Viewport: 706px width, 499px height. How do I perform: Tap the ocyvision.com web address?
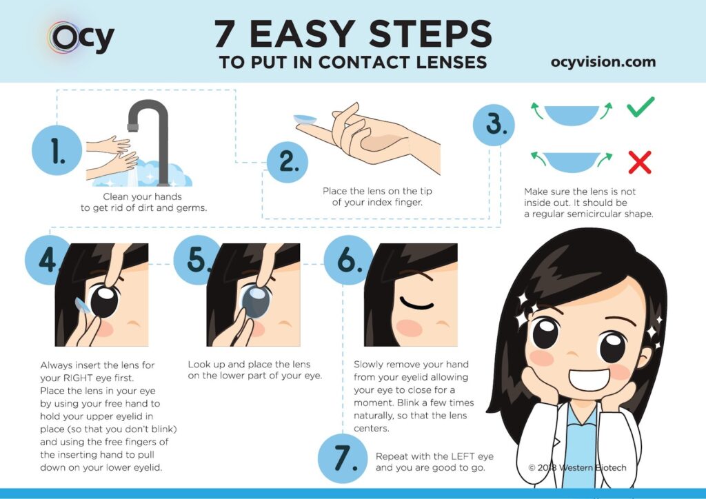pos(603,61)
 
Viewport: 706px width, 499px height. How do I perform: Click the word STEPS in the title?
pos(430,34)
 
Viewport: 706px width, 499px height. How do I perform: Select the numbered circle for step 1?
pos(57,150)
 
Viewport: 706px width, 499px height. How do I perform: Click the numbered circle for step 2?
pos(288,161)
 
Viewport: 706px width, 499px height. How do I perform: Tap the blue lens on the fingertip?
pos(305,120)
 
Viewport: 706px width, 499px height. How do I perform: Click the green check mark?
pos(641,107)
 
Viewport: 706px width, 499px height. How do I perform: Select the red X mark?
pos(640,163)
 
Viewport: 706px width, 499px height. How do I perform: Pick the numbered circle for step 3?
pos(494,125)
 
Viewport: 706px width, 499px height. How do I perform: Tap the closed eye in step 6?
pos(417,303)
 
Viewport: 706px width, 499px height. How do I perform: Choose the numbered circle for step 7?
pos(343,458)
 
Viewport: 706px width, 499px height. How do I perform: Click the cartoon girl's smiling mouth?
pos(590,380)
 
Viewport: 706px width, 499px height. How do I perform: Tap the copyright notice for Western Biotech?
pos(577,467)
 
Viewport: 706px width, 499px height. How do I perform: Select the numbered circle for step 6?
pos(348,260)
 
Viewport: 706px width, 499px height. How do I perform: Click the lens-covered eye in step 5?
pos(255,299)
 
